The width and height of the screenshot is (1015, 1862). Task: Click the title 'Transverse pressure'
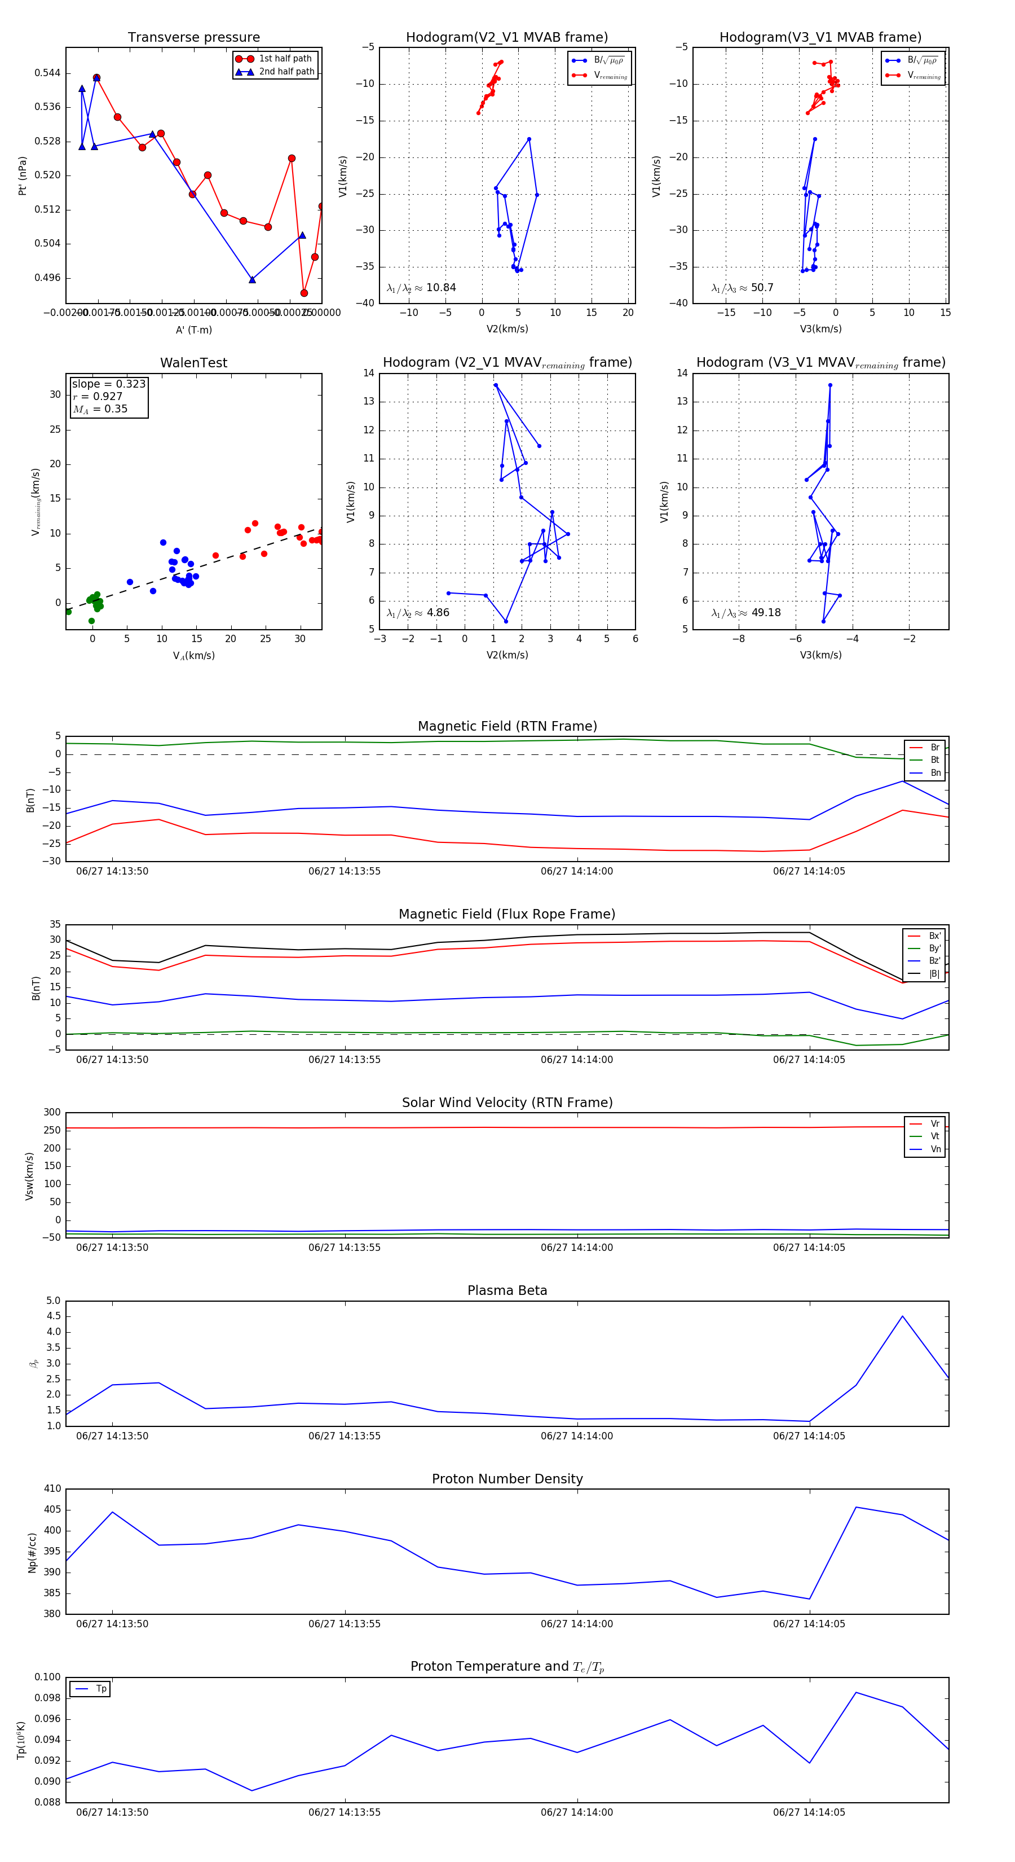[193, 38]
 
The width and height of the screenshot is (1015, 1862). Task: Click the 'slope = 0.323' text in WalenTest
[108, 384]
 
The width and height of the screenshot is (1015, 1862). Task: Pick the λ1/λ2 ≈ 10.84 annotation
[421, 288]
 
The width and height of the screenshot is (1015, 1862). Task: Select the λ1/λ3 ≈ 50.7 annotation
[742, 288]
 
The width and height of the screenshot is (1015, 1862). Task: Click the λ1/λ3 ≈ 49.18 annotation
[745, 613]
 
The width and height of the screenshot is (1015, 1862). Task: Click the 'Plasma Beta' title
[507, 1291]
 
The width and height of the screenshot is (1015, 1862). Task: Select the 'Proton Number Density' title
[507, 1479]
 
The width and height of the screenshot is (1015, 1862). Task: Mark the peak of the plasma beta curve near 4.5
[902, 1316]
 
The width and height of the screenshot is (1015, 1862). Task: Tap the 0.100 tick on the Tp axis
[48, 1677]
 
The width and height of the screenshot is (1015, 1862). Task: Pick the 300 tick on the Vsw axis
[52, 1113]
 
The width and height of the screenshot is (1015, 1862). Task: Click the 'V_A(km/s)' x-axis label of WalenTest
[193, 656]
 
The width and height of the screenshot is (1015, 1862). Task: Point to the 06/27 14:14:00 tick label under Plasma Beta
[576, 1436]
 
